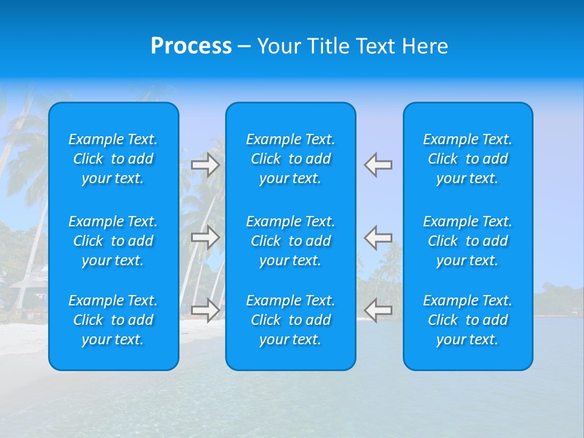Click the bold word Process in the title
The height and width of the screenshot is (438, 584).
(191, 46)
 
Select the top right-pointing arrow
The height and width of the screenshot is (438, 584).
(205, 165)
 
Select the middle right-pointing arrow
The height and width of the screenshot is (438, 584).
(205, 237)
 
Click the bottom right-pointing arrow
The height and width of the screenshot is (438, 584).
(205, 310)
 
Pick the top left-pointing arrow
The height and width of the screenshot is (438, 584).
(378, 165)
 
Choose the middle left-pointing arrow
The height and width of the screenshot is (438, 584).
(378, 237)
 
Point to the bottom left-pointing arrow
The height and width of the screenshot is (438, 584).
(378, 310)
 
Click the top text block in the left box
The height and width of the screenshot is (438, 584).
(113, 159)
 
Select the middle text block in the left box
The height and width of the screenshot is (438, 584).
(113, 241)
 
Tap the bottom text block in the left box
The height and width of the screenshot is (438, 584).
(113, 320)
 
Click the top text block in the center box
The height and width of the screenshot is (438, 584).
(291, 159)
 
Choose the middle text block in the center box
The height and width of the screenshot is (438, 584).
(291, 241)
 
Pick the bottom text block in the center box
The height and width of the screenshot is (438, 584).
(291, 320)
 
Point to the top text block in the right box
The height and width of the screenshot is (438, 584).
(468, 159)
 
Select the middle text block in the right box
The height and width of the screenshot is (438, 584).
(468, 241)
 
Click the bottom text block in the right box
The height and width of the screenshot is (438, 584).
(468, 320)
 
